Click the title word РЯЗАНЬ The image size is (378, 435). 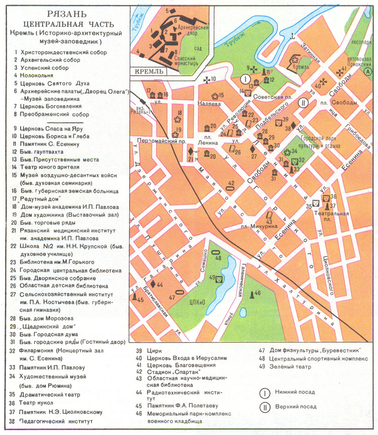coord(67,15)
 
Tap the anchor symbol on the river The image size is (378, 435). coord(291,36)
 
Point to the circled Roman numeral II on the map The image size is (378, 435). coord(303,103)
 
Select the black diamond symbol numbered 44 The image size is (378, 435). coord(152,284)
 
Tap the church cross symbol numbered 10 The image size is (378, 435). coord(207,79)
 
